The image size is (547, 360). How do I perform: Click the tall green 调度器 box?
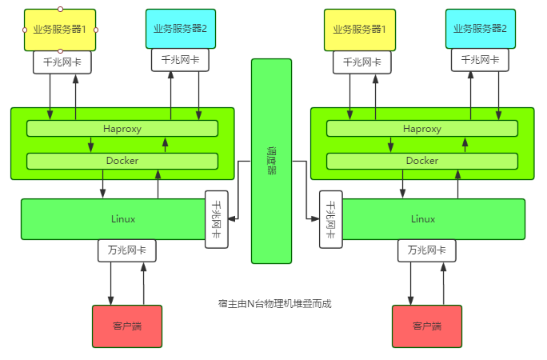coord(271,160)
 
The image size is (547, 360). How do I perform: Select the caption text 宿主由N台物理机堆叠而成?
coord(274,303)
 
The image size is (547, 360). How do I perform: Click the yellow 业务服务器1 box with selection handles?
coord(60,30)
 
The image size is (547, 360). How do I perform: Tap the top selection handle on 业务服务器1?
coord(60,9)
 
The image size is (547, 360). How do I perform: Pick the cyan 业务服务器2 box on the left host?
coord(180,28)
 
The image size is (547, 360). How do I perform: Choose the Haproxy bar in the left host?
coord(122,129)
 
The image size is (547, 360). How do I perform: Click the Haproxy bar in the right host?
coord(422,129)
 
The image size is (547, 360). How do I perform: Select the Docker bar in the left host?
coord(122,161)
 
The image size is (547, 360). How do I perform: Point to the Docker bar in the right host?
coord(422,161)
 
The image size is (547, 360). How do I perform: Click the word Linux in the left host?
coord(122,218)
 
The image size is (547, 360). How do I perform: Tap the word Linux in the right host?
coord(422,218)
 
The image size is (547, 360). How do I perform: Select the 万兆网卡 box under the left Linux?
coord(127,250)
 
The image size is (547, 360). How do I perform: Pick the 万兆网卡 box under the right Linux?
coord(427,250)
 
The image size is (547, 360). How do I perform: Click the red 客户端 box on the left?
coord(127,326)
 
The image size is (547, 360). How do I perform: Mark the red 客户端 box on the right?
coord(427,326)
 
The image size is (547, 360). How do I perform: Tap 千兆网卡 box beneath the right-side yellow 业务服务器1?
coord(362,61)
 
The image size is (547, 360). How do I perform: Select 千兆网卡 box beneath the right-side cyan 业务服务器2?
coord(480,59)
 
